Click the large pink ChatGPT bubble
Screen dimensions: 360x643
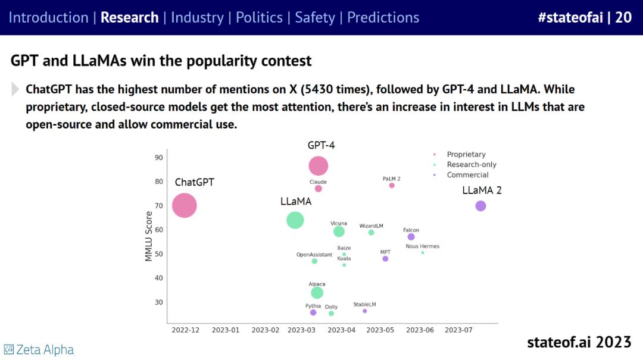click(x=185, y=206)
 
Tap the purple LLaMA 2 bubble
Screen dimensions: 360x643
click(x=480, y=206)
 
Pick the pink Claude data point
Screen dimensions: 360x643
click(x=319, y=189)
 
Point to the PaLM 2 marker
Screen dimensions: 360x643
click(x=392, y=186)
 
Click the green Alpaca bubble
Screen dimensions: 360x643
click(x=317, y=293)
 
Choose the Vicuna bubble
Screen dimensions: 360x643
click(x=339, y=231)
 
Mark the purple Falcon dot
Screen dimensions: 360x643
click(x=411, y=237)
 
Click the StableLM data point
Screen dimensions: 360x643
click(x=365, y=311)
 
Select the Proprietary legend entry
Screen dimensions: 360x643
click(x=466, y=155)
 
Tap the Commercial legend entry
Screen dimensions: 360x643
click(x=467, y=175)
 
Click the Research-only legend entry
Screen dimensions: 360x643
click(x=471, y=165)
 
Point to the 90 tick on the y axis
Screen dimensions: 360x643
click(x=159, y=158)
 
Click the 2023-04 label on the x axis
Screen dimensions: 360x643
click(x=342, y=330)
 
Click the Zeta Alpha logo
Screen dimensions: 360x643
click(x=39, y=349)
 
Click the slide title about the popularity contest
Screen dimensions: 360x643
click(x=161, y=61)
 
